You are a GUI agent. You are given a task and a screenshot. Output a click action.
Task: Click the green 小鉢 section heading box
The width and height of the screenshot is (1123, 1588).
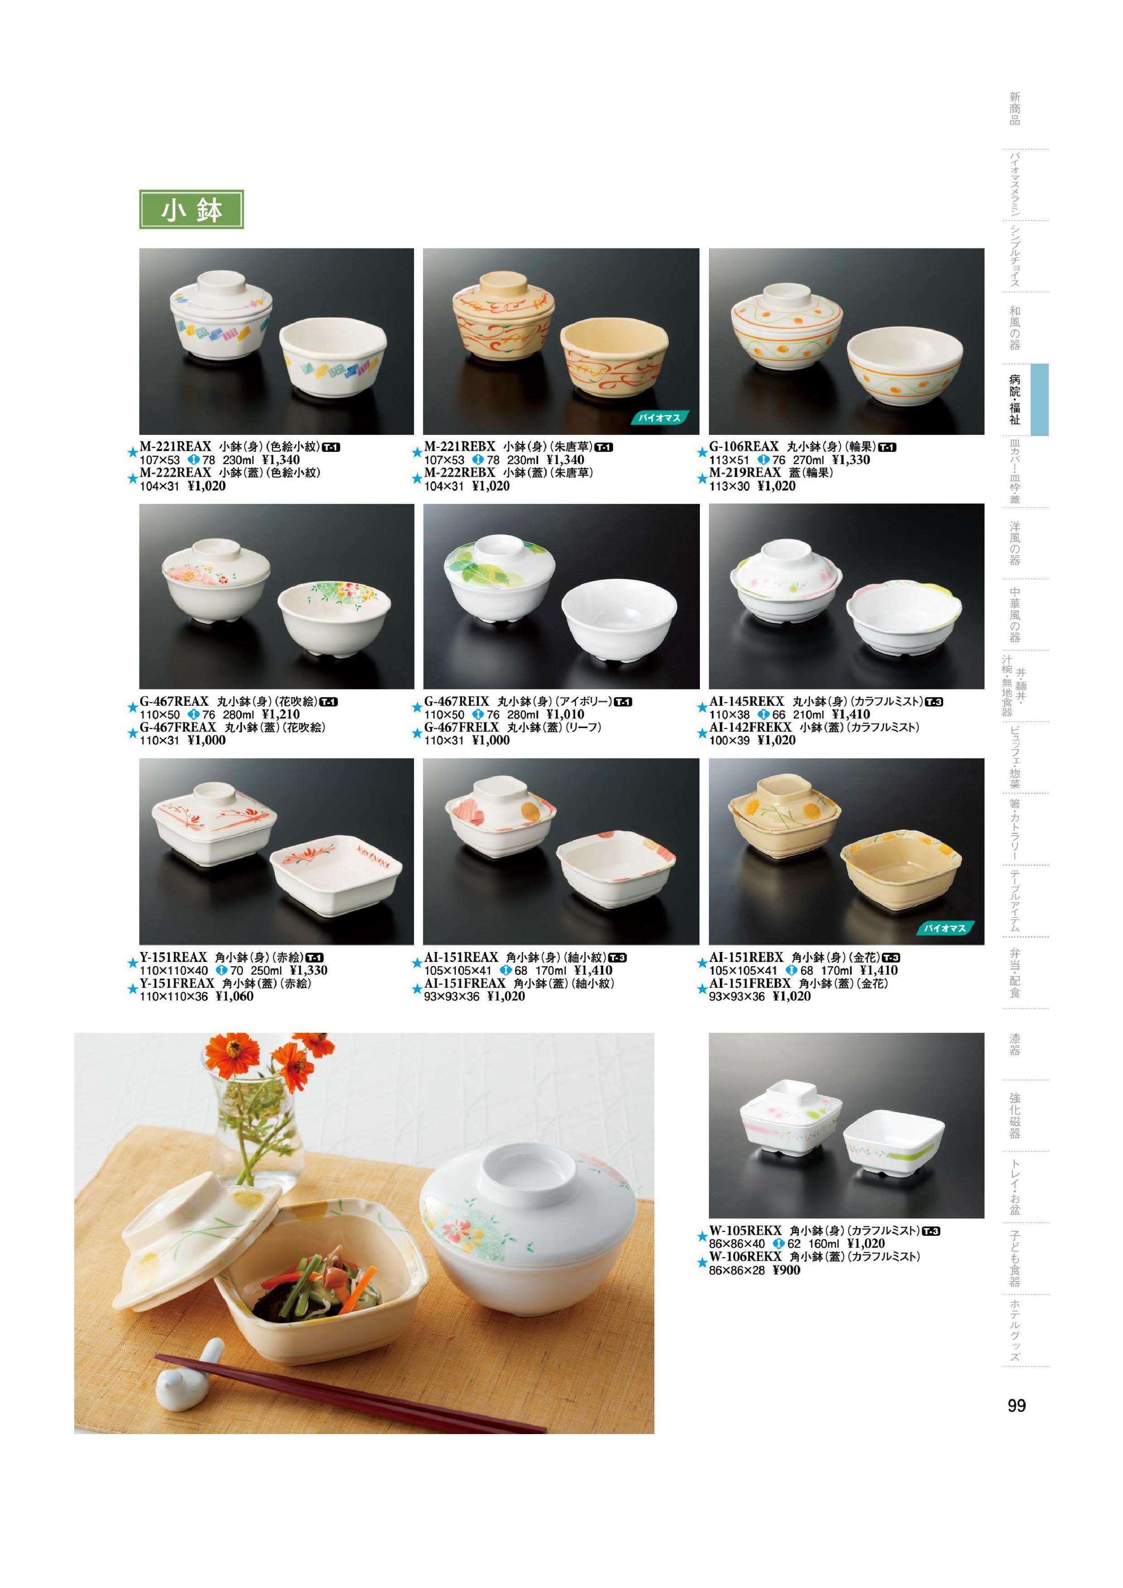192,210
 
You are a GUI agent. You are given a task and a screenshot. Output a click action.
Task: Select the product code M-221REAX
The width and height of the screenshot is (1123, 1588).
175,447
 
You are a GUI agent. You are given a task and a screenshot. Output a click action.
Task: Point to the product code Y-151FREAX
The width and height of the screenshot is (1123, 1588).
177,983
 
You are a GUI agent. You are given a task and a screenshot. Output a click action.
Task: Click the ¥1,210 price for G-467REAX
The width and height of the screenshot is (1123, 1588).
281,714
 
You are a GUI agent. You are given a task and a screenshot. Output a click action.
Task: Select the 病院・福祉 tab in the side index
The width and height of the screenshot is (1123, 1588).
1014,399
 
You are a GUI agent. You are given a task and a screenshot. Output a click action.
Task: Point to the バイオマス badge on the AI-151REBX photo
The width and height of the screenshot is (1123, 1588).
945,928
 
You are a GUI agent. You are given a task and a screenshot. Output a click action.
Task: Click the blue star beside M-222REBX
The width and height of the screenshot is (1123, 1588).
417,478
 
